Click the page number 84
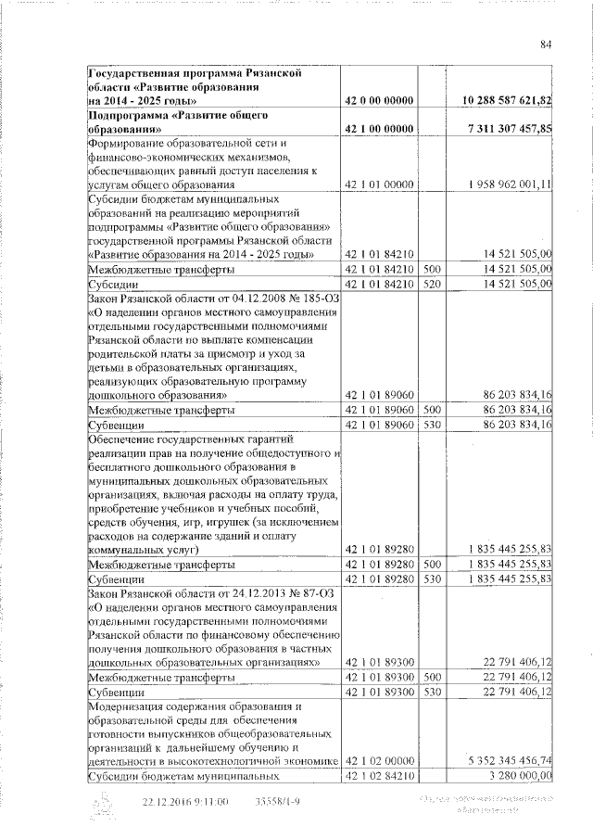click(x=546, y=44)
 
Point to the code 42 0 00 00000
click(x=378, y=99)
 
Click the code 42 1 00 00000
click(x=378, y=128)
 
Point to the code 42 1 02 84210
click(x=378, y=775)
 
